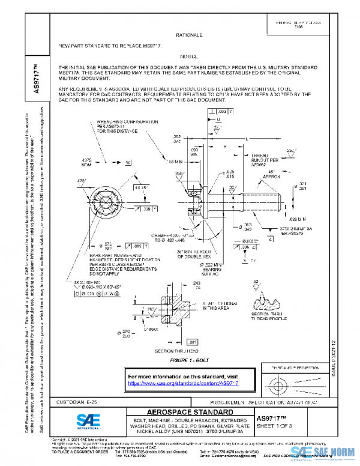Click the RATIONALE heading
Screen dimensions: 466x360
tap(188, 36)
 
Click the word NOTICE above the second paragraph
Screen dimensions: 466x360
tap(188, 55)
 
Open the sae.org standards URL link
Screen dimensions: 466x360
tap(184, 383)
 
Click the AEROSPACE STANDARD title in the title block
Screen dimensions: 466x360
tap(190, 413)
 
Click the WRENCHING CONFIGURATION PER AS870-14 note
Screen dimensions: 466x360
tap(120, 126)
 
